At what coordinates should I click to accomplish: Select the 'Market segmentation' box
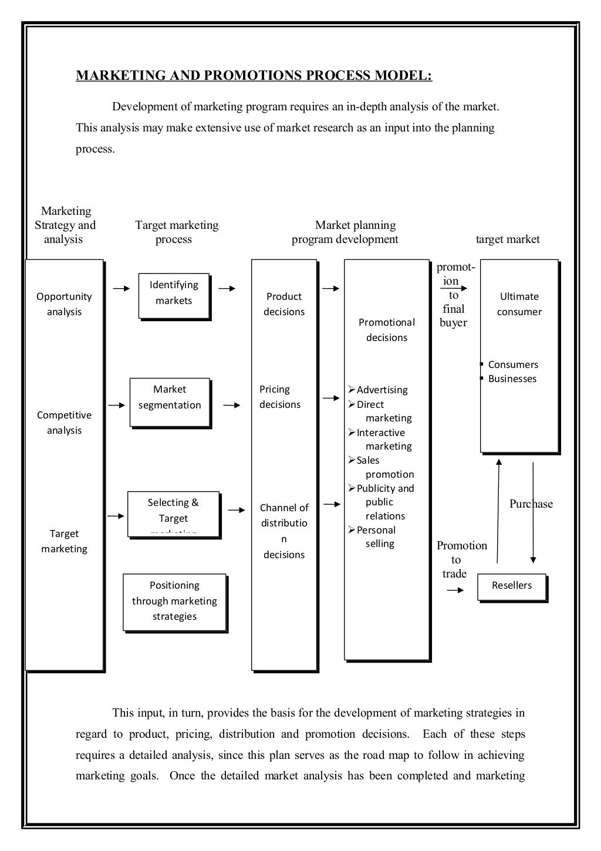pos(170,402)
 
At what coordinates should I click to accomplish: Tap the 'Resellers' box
pos(512,587)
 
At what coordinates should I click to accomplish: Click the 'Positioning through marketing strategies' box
pos(174,602)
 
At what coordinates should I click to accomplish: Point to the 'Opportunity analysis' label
pos(64,304)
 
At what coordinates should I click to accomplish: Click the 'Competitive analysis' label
pos(64,423)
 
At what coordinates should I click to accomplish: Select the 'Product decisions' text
pos(284,304)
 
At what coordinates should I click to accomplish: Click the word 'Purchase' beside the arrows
pos(531,504)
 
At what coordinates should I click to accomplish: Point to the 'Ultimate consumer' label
pos(519,304)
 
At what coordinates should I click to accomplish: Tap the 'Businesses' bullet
pos(512,379)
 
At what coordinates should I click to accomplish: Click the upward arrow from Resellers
pos(498,511)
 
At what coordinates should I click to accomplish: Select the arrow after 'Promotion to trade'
pos(455,590)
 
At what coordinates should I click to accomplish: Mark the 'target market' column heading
pos(508,239)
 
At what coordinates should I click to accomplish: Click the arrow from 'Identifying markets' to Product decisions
pos(227,289)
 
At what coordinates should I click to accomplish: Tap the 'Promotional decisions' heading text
pos(386,330)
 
